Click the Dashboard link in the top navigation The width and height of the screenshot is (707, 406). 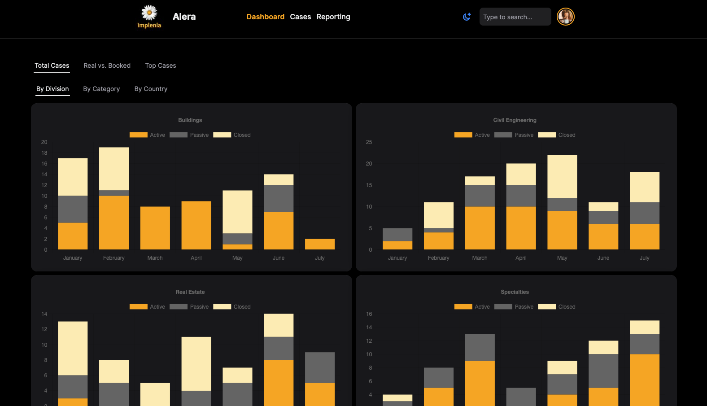[x=265, y=17]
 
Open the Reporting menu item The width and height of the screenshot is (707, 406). [x=333, y=17]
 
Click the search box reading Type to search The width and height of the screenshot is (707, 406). [x=515, y=17]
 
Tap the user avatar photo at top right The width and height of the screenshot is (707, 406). [x=565, y=17]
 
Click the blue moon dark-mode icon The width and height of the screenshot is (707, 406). [x=467, y=17]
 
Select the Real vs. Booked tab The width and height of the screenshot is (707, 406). [x=107, y=65]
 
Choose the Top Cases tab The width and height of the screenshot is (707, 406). [x=160, y=65]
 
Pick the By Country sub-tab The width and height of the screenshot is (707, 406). [x=151, y=89]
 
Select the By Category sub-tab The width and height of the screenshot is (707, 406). [x=101, y=89]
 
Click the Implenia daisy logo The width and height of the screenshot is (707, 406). [x=149, y=13]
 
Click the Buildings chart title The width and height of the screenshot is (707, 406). [x=190, y=120]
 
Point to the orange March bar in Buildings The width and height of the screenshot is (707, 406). [x=155, y=228]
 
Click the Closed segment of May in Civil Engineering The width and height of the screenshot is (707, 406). [x=562, y=176]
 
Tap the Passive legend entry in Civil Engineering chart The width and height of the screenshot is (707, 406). [x=514, y=135]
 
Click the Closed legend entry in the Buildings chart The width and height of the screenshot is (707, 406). [x=232, y=135]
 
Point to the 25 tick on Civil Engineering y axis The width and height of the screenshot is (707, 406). [x=369, y=142]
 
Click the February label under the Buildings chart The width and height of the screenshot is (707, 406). [x=113, y=258]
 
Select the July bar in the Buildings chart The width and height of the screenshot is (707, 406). [x=319, y=244]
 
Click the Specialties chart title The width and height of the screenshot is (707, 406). [x=515, y=292]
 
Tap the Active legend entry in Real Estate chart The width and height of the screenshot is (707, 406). [x=147, y=307]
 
